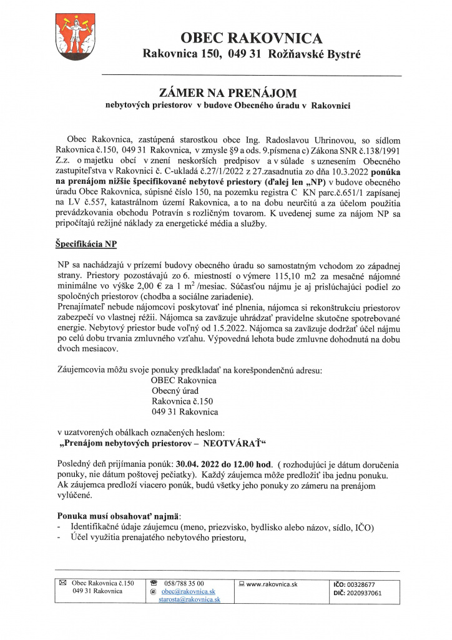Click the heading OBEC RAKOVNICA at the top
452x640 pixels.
coord(252,39)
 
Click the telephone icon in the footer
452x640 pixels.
coord(153,583)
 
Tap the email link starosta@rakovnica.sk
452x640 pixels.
coord(190,599)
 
